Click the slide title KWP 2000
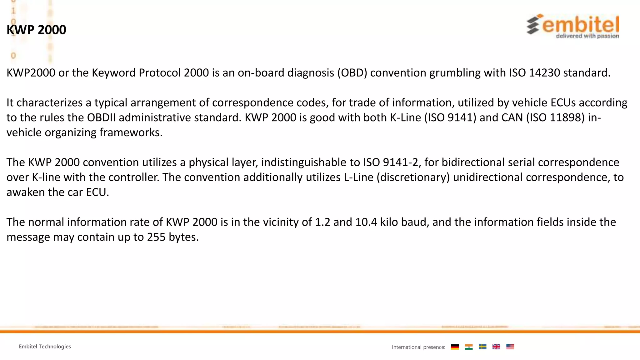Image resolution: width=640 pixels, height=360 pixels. [x=36, y=30]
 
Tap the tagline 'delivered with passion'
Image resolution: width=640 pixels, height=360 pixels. [x=587, y=36]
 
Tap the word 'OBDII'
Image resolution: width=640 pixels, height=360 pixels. [x=101, y=117]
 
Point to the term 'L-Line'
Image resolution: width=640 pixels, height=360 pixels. [x=358, y=177]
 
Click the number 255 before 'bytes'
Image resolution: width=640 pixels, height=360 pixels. [x=156, y=237]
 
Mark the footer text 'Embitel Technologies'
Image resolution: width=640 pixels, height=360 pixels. [x=45, y=347]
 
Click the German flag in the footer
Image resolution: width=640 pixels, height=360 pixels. [x=455, y=347]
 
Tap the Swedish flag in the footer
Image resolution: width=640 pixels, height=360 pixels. [x=482, y=347]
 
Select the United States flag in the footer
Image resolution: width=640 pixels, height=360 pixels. [x=510, y=347]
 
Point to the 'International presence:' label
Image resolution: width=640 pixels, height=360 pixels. [x=418, y=347]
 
